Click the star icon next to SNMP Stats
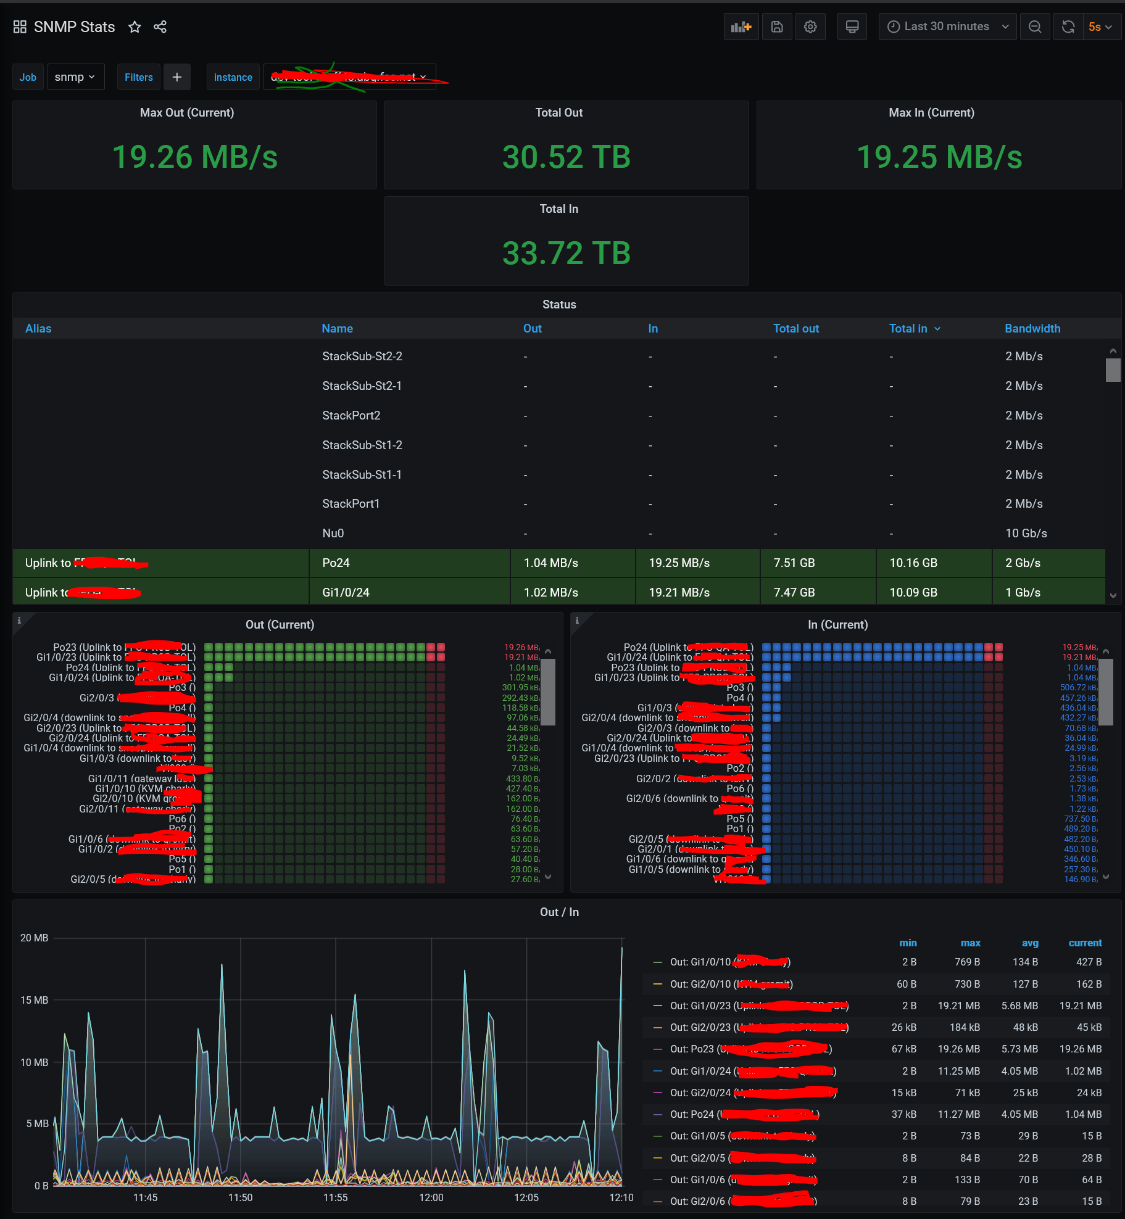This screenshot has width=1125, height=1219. point(135,27)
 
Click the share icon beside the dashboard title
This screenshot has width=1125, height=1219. point(160,27)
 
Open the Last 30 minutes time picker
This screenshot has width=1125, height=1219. point(947,27)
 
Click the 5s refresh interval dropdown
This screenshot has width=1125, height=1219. point(1100,27)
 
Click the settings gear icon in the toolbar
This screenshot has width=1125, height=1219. point(810,27)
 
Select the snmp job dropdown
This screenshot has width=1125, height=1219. point(75,77)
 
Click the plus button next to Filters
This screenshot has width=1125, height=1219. point(177,77)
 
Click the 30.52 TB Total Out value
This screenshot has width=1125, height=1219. point(566,157)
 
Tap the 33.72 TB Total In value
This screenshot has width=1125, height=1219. point(566,253)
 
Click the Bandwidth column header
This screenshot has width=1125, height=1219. point(1032,329)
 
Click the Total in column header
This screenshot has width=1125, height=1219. point(908,329)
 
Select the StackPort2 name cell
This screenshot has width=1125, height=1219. point(351,415)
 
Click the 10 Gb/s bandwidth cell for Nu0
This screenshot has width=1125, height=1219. point(1026,533)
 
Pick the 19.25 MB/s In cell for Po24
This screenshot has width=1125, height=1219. point(679,563)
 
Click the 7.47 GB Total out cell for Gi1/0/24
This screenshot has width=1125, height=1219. point(794,592)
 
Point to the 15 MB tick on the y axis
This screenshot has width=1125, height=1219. point(34,1000)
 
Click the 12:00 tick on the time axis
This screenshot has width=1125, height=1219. point(431,1197)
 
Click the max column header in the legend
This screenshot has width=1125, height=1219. point(970,943)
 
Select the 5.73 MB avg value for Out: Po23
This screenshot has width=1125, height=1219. point(1019,1049)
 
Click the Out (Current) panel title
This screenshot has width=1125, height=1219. point(280,624)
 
